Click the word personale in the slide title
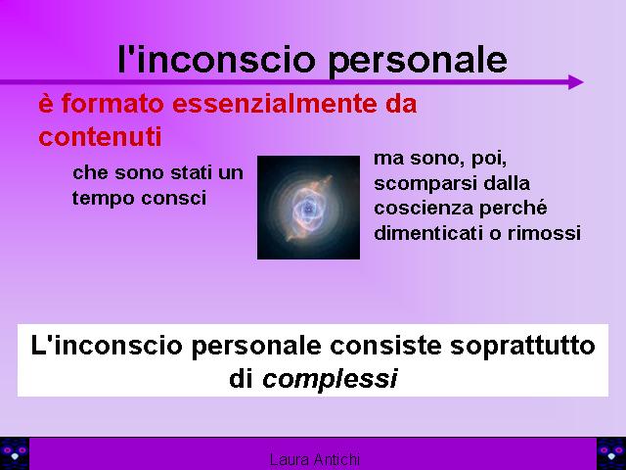418,61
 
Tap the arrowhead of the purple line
576,82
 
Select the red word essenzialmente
275,103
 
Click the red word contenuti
100,136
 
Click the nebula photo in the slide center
308,208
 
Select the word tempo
103,199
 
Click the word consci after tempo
174,198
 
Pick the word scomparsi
425,184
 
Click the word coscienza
424,209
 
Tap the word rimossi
544,233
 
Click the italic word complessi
330,379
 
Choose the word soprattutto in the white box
522,346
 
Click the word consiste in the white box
385,346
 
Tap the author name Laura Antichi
315,460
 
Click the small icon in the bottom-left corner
15,453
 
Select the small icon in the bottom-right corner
611,453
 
